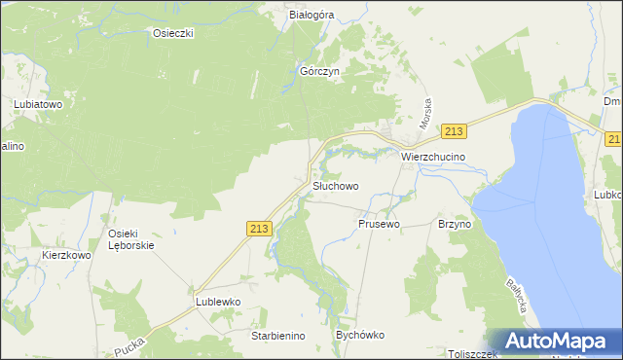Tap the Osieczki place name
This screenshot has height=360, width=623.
[x=174, y=33]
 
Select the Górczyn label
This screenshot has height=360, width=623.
[x=318, y=72]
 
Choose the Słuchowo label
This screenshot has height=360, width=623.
[x=336, y=185]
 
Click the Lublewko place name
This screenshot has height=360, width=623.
[x=217, y=302]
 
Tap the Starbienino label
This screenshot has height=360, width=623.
[x=278, y=336]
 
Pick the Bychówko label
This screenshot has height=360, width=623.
[x=360, y=335]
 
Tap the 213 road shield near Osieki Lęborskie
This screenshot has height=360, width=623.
[x=258, y=228]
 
